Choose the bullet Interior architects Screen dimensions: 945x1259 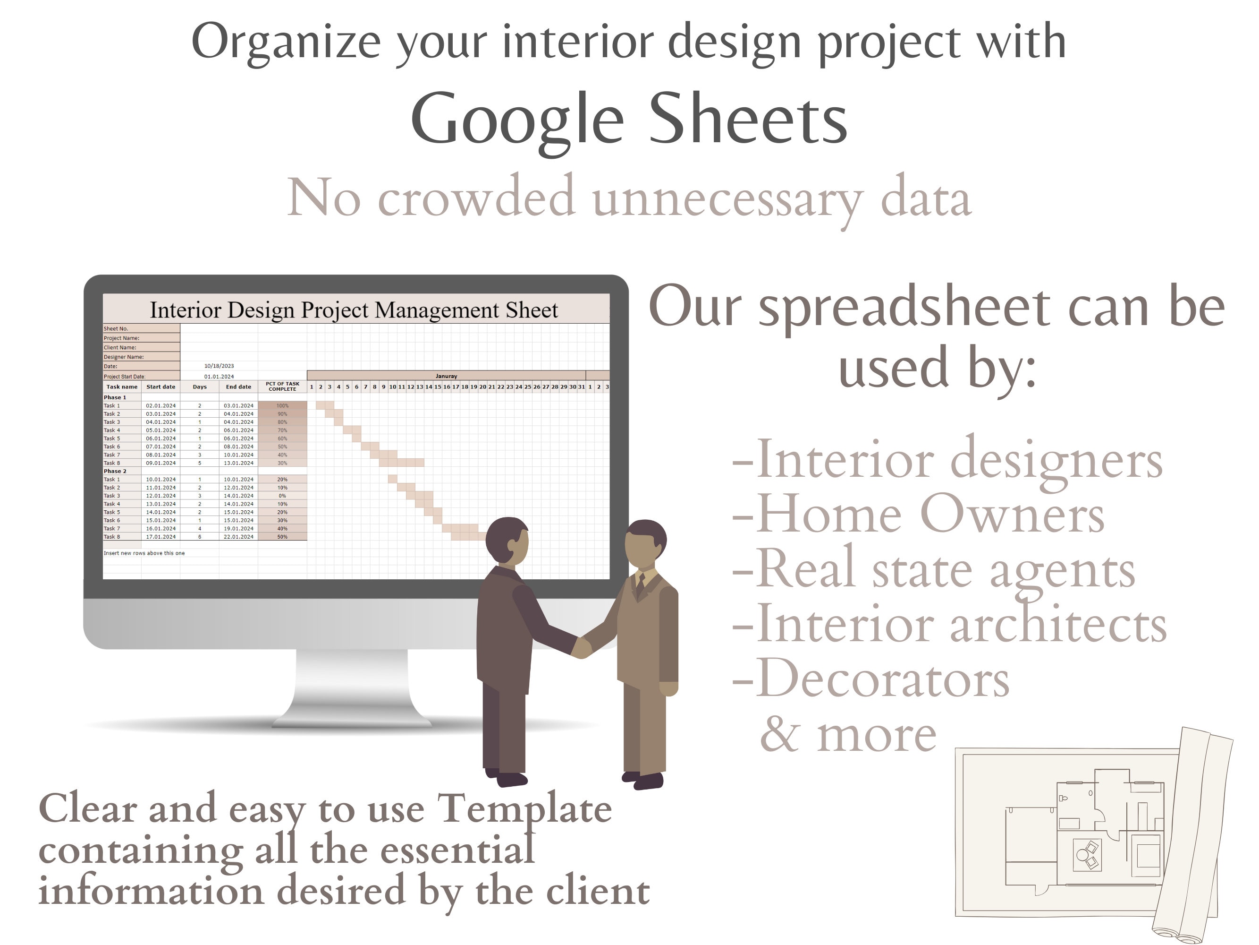pos(949,624)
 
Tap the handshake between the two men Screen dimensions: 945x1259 pos(582,646)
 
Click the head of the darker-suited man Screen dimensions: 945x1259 pos(507,541)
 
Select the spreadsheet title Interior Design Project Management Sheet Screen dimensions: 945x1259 pos(354,310)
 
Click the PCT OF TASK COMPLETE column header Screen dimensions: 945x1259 pos(282,386)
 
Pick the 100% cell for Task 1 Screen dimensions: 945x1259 pos(282,405)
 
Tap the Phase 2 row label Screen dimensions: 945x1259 pos(115,471)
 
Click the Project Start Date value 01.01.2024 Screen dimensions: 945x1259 pos(219,377)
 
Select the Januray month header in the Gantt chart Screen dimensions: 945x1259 pos(446,376)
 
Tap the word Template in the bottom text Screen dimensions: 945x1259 pos(524,809)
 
